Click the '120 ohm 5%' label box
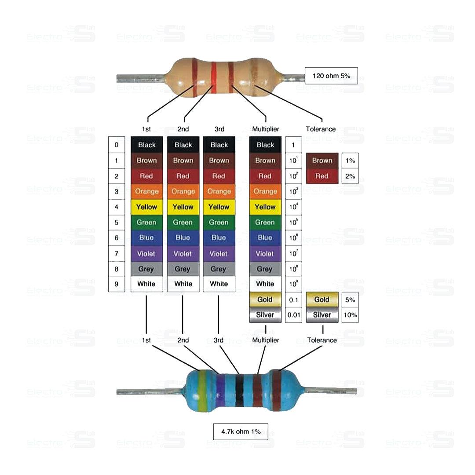(x=331, y=76)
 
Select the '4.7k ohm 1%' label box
(x=241, y=431)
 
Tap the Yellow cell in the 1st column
(x=146, y=207)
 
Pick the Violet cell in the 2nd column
(x=183, y=253)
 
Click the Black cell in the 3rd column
(x=219, y=145)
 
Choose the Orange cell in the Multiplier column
(x=265, y=191)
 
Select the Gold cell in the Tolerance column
(x=322, y=300)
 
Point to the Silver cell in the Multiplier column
(x=265, y=315)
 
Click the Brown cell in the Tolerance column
(x=322, y=161)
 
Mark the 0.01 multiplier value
(x=293, y=315)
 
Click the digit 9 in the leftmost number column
(x=117, y=284)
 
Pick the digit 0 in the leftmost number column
(x=117, y=145)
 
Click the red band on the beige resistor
(x=214, y=77)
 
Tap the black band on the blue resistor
(x=239, y=391)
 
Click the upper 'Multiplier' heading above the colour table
(x=265, y=129)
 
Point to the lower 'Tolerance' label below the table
(x=322, y=340)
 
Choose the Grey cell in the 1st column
(x=146, y=269)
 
